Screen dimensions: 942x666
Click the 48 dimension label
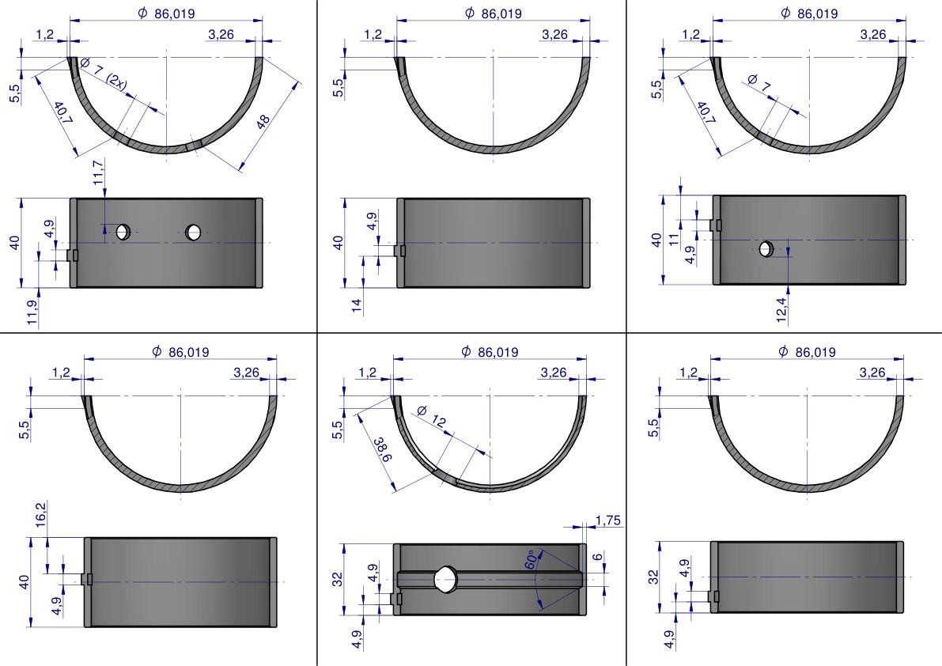[x=263, y=121]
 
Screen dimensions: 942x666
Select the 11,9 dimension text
[x=32, y=313]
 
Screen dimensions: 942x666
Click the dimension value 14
[x=357, y=305]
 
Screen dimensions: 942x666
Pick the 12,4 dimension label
[x=781, y=310]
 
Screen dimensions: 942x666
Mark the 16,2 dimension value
[x=40, y=514]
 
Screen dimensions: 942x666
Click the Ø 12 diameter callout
[x=432, y=416]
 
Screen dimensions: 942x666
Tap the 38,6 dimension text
[x=383, y=450]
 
